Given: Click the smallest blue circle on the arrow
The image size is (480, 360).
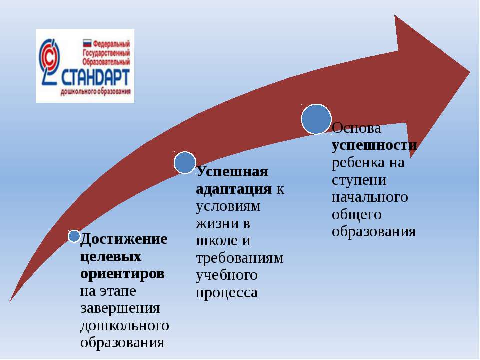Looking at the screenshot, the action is (74, 236).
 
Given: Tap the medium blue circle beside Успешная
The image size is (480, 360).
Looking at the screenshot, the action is (185, 163).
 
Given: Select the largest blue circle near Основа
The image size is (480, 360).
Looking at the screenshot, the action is (316, 119).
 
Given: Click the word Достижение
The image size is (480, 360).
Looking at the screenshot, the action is (124, 239).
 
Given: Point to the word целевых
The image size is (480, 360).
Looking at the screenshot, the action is (111, 256).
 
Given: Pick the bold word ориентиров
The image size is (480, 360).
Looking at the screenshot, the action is (122, 274).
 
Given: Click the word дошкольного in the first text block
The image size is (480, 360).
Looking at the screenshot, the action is (125, 325).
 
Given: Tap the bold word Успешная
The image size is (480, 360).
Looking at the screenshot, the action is (232, 172).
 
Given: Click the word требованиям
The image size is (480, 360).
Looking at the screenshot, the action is (239, 258).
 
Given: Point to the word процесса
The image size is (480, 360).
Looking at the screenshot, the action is (227, 293).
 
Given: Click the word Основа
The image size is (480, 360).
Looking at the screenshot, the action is (356, 128).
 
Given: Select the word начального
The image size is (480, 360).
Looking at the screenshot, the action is (370, 197).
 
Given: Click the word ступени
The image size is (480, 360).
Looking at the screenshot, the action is (359, 180).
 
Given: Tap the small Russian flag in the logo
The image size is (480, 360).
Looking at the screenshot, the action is (87, 43).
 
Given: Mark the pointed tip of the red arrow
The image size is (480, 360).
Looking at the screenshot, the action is (470, 72).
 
